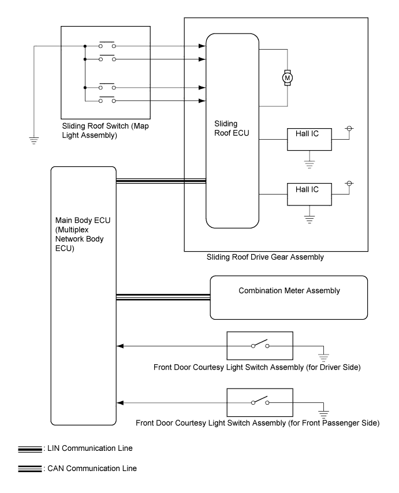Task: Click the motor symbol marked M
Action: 288,77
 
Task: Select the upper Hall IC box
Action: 309,139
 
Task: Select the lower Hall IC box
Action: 309,195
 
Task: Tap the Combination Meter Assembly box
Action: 289,297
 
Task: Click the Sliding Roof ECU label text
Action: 232,128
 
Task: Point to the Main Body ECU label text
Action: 83,234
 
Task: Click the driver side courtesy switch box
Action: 260,346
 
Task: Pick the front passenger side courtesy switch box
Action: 260,402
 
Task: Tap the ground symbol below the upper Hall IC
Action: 309,164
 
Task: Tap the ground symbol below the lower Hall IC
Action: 309,219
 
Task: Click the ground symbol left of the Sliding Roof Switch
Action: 33,140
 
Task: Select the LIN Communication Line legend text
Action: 90,448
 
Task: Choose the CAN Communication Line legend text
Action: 92,468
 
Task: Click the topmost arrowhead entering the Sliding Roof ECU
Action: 202,46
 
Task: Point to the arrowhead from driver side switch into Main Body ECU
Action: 120,346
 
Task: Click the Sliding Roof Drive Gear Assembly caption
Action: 265,257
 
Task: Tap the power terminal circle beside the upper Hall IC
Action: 349,128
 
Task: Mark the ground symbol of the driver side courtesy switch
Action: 323,357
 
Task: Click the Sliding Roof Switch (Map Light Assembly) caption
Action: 105,130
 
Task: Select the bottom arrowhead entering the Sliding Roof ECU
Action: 202,100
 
